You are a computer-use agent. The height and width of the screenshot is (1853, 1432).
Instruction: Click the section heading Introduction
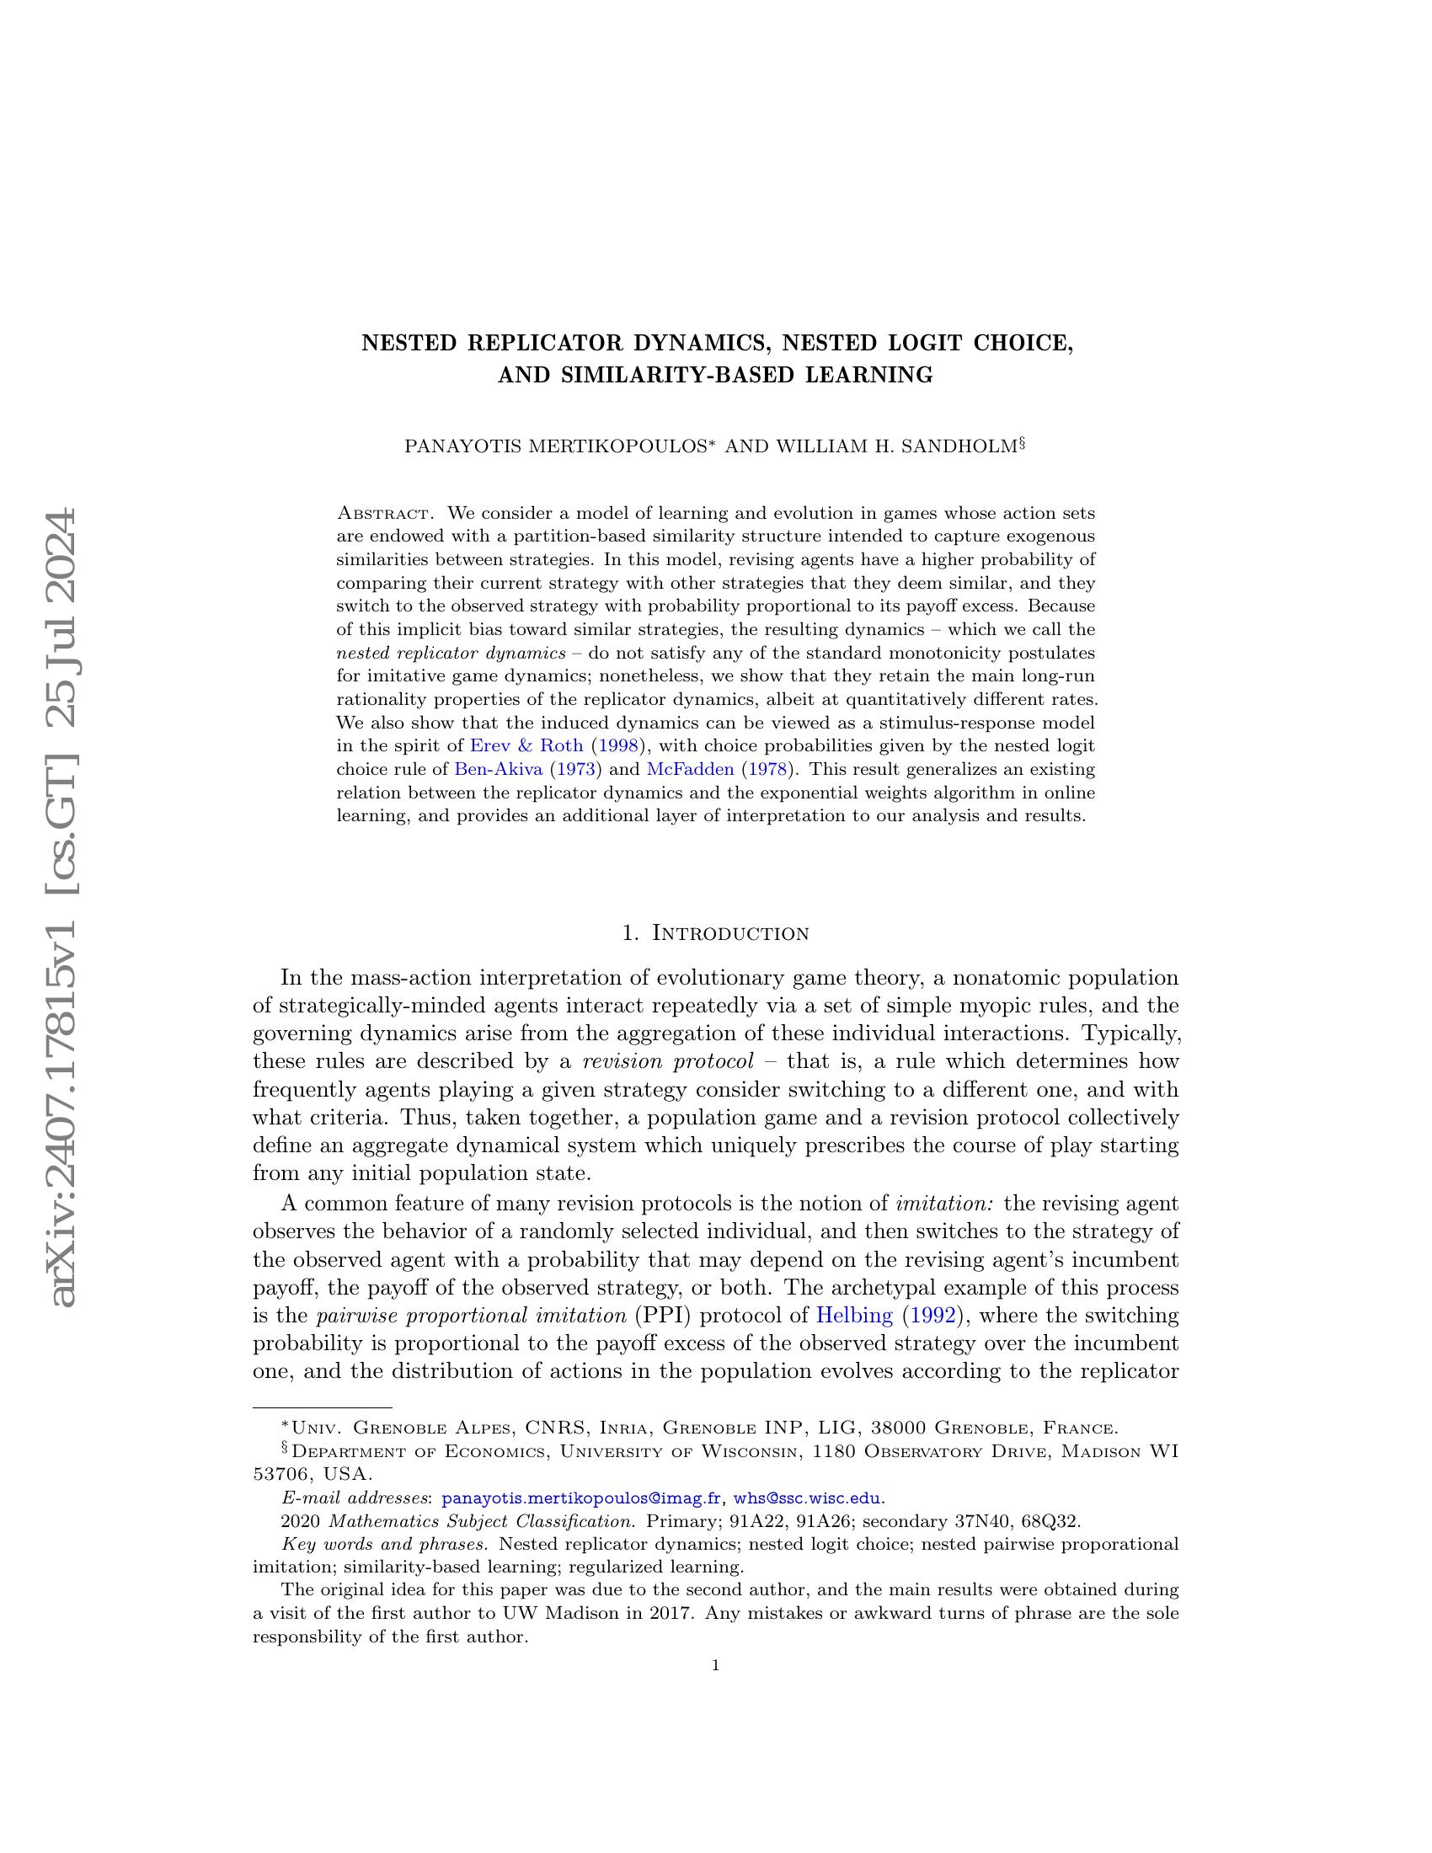pyautogui.click(x=729, y=933)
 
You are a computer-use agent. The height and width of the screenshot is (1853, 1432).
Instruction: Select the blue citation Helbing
pyautogui.click(x=853, y=1316)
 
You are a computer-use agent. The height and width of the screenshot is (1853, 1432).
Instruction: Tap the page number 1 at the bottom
pyautogui.click(x=716, y=1665)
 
